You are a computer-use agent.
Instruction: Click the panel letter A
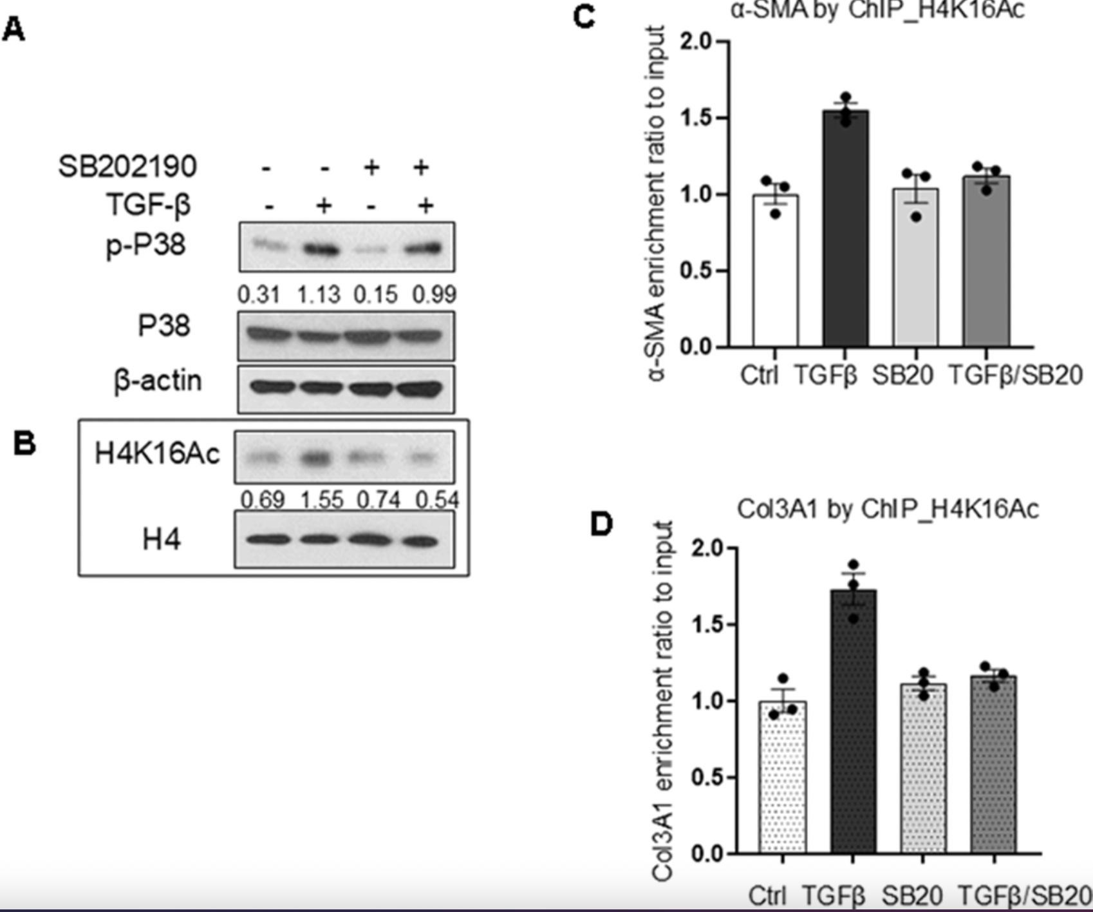click(14, 30)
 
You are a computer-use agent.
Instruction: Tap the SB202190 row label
click(127, 167)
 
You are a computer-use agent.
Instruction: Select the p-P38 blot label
click(146, 245)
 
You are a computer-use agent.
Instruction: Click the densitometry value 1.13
click(318, 295)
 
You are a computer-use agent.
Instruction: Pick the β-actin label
click(158, 381)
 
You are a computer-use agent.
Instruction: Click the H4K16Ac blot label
click(157, 454)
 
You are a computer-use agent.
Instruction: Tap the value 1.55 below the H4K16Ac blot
click(322, 500)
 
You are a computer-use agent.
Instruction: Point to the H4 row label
click(162, 539)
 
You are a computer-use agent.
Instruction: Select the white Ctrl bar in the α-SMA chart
click(776, 271)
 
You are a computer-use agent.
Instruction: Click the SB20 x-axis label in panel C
click(902, 375)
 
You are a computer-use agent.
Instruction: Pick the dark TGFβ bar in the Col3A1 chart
click(853, 721)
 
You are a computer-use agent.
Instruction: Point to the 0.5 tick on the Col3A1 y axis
click(707, 777)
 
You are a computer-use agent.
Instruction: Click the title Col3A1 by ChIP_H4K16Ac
click(888, 509)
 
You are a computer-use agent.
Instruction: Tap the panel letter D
click(601, 525)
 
